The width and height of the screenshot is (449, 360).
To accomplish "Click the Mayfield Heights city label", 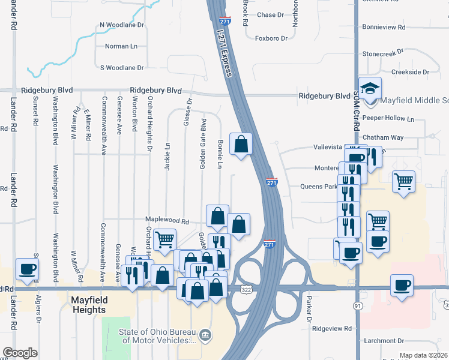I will coord(88,305).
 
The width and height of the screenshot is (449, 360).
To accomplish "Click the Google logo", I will coord(20,353).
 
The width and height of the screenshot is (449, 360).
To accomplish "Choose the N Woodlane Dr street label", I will coord(122,25).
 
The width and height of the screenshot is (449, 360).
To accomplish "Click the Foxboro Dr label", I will coord(271,38).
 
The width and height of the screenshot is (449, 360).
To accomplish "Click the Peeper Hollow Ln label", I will coord(393,119).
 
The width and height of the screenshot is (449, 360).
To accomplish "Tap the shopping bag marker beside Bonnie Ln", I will coord(241,145).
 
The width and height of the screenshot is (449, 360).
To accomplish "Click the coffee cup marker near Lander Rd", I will coord(27,270).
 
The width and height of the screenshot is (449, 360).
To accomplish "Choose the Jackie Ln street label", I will coord(167,156).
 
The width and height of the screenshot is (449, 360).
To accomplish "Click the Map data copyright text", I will coord(424,355).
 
